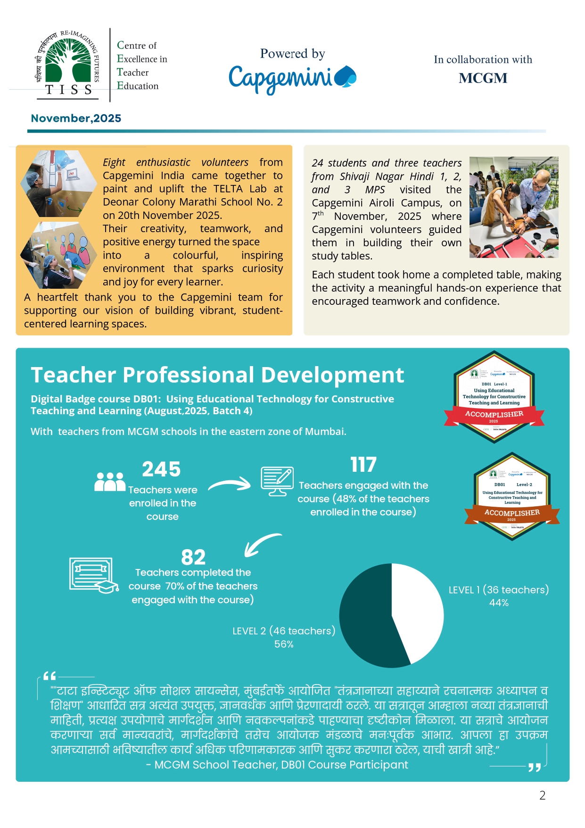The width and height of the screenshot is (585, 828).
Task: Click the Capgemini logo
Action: pyautogui.click(x=292, y=78)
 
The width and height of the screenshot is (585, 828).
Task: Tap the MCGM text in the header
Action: pyautogui.click(x=483, y=78)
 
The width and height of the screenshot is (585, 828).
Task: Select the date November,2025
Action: pyautogui.click(x=76, y=118)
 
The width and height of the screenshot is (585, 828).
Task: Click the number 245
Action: pyautogui.click(x=161, y=469)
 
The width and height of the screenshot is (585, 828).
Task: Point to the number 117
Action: pyautogui.click(x=363, y=465)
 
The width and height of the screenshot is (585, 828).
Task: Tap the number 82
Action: pyautogui.click(x=193, y=557)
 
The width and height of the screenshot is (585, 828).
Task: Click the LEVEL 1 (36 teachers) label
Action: pyautogui.click(x=498, y=590)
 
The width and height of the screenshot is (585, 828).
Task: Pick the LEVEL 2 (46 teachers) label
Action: pyautogui.click(x=284, y=631)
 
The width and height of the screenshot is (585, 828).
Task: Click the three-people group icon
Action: pyautogui.click(x=110, y=482)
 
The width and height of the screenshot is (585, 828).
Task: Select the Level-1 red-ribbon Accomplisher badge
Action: pyautogui.click(x=494, y=397)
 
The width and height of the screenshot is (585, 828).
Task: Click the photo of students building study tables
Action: pyautogui.click(x=514, y=207)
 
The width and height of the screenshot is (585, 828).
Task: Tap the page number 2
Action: pyautogui.click(x=542, y=795)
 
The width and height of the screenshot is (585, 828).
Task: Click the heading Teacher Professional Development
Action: pyautogui.click(x=217, y=375)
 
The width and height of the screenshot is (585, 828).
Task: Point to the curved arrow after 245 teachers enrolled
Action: pyautogui.click(x=230, y=484)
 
